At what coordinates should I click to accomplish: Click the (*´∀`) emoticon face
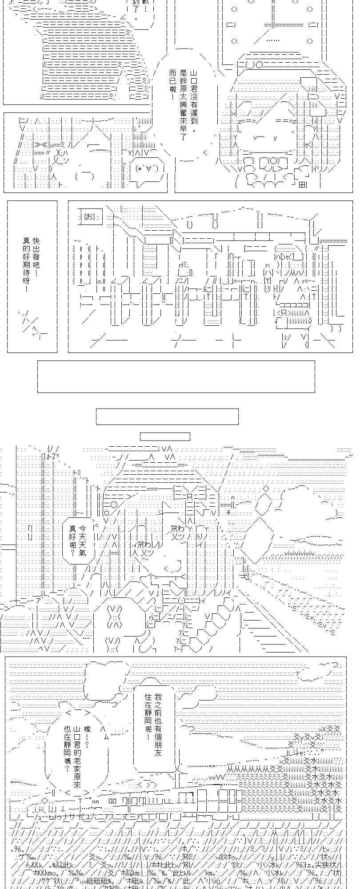click(147, 169)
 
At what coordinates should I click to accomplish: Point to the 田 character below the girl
click(302, 185)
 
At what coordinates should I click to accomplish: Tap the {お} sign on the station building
click(89, 217)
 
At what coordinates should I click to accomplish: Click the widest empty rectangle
click(176, 376)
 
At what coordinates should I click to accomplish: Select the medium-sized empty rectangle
click(167, 416)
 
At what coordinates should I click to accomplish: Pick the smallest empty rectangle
click(165, 436)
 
